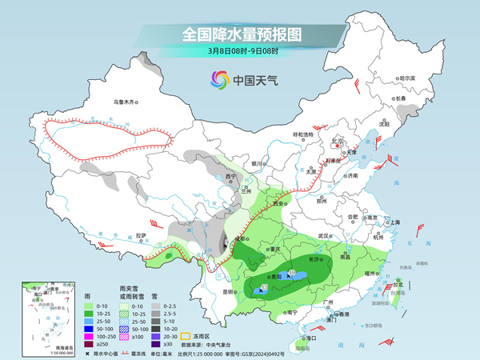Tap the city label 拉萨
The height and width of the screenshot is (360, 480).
tap(141, 235)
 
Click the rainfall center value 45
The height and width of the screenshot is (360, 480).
tap(264, 286)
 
